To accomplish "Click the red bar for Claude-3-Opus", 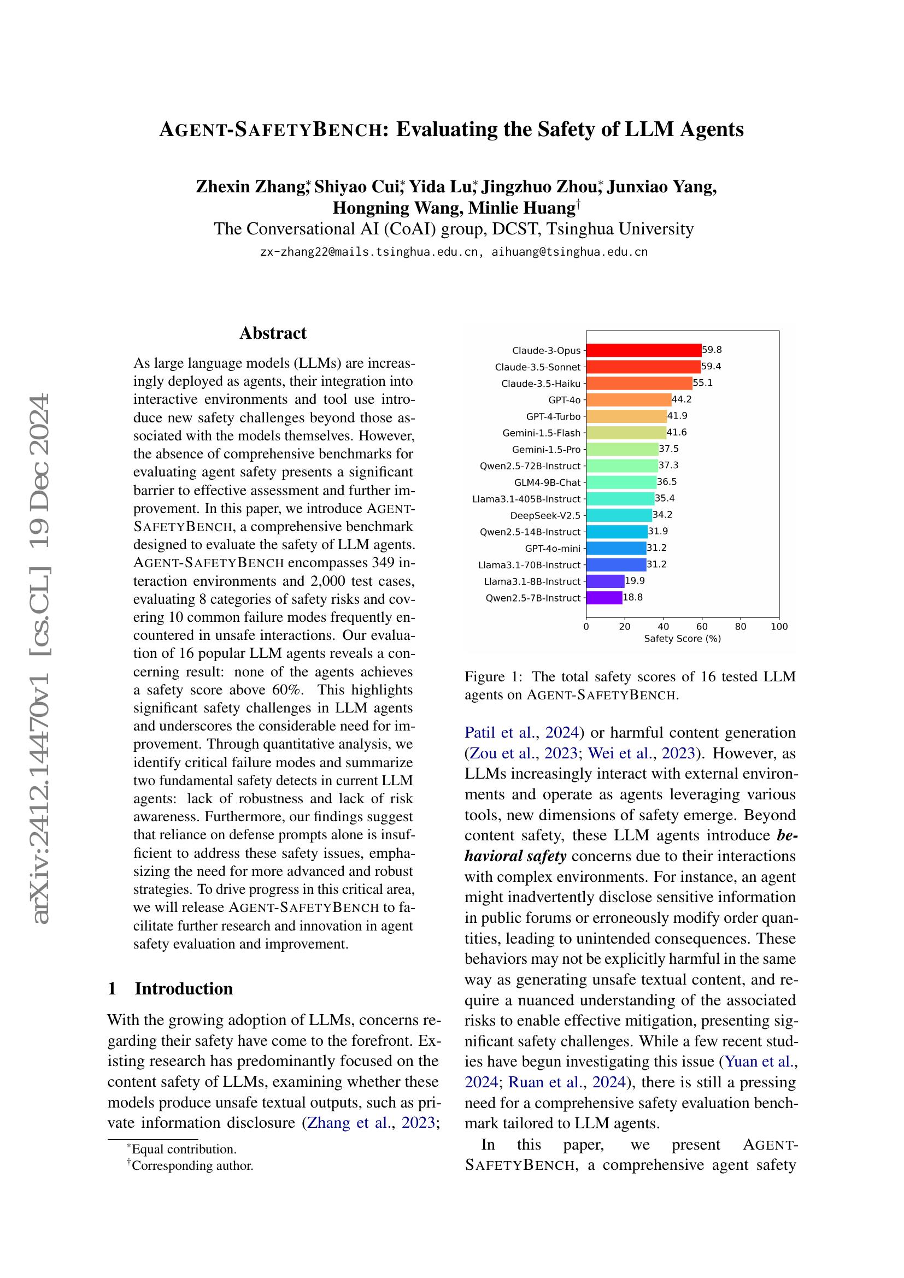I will pos(643,350).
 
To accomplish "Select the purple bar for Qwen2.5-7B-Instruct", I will pos(604,598).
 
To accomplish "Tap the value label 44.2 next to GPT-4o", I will pos(682,399).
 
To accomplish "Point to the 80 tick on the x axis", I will pos(741,627).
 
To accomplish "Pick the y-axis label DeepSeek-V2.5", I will pos(545,515).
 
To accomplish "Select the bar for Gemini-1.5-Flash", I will pos(626,433).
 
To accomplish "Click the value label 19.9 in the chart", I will pos(635,581).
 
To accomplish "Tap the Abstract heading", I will pos(273,333).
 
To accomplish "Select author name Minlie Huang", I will pos(521,208).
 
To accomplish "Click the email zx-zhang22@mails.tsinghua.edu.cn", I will pos(369,251).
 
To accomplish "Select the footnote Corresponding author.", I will pos(192,1165).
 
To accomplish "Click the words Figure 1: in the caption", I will pos(493,677).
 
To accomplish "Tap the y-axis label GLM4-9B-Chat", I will pos(547,482).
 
